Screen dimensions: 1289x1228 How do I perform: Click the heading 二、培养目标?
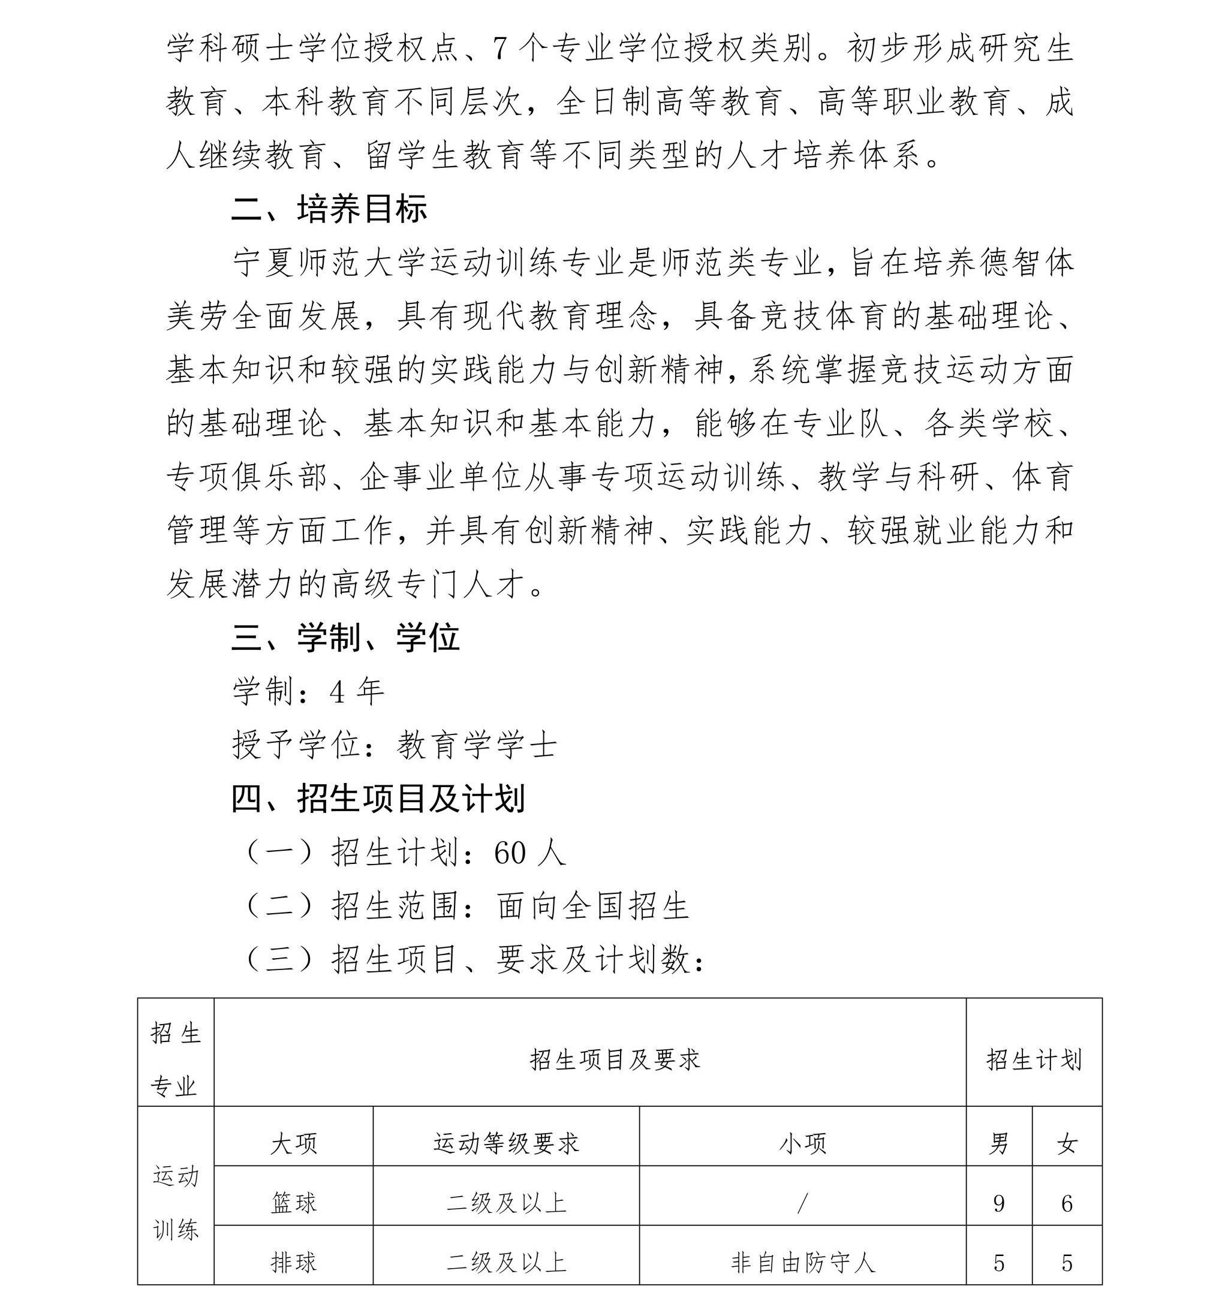tap(329, 209)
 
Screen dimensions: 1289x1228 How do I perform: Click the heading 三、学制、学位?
tap(345, 637)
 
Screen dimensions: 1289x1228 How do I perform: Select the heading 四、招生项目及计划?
tap(378, 799)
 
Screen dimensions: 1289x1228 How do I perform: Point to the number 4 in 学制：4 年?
tap(338, 691)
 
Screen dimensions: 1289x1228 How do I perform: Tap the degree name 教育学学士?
tap(477, 745)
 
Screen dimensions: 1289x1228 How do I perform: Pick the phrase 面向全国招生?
tap(593, 906)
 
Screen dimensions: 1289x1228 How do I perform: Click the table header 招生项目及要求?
tap(615, 1059)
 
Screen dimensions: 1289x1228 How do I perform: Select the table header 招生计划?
tap(1034, 1059)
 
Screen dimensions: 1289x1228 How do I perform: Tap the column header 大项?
tap(293, 1144)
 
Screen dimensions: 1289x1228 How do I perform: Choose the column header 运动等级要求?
tap(506, 1144)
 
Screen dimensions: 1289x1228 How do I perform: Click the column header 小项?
tap(802, 1144)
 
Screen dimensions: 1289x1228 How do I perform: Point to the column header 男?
tap(999, 1144)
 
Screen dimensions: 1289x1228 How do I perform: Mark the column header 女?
tap(1067, 1144)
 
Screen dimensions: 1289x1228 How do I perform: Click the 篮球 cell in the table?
tap(293, 1203)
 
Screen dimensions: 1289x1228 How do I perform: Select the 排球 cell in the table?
tap(293, 1261)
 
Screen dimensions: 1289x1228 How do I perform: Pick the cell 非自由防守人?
tap(802, 1261)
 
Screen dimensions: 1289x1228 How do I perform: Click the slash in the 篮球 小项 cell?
tap(802, 1203)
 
